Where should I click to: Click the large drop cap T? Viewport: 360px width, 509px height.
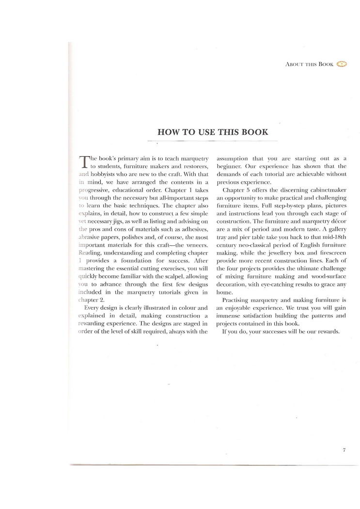click(83, 162)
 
